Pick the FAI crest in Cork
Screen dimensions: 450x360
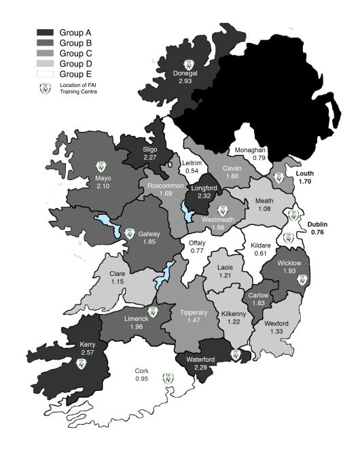(167, 379)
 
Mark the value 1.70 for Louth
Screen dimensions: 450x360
(305, 182)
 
